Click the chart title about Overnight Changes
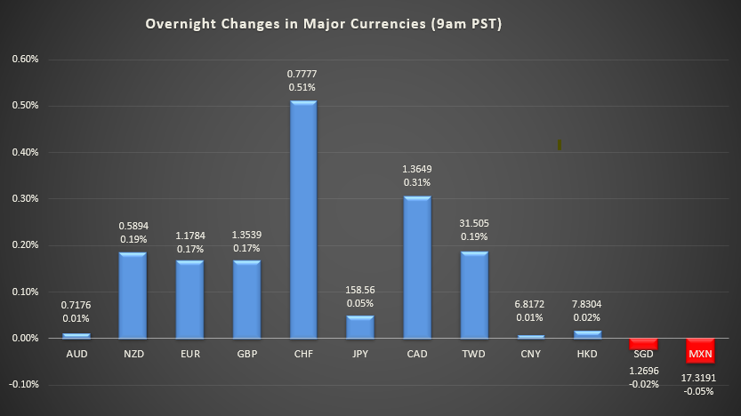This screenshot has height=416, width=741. click(x=324, y=24)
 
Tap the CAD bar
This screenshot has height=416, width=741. click(x=417, y=267)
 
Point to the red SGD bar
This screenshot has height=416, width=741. click(x=643, y=342)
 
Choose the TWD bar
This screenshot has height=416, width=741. click(x=474, y=294)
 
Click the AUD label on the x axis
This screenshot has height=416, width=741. click(x=76, y=354)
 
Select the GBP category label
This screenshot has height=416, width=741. click(x=246, y=354)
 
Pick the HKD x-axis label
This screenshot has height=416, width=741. click(x=587, y=354)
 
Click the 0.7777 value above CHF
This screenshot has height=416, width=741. click(x=303, y=72)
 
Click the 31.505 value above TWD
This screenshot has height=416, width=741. click(x=474, y=223)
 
